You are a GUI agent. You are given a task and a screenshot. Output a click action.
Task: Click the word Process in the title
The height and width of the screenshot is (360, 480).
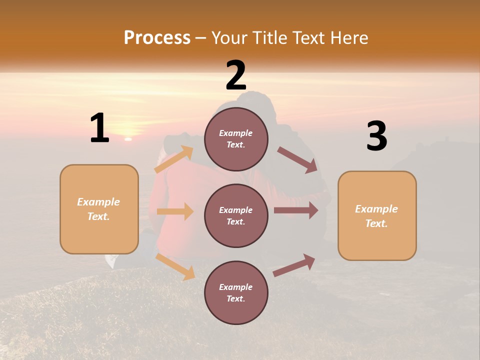(157, 38)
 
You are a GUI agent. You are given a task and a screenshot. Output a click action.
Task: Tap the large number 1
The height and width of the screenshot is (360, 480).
(99, 128)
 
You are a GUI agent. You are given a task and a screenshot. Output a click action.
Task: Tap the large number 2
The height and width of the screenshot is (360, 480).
(235, 75)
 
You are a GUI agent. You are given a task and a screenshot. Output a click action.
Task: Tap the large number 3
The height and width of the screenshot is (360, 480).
(376, 136)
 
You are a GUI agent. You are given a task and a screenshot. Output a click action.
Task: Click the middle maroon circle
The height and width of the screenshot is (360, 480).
(236, 215)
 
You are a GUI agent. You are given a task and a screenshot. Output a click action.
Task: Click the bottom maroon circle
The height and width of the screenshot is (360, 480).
(236, 292)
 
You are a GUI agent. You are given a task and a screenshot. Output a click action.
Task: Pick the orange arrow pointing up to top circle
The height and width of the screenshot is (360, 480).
(174, 159)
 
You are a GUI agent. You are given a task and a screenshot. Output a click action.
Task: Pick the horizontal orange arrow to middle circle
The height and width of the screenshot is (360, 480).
(175, 211)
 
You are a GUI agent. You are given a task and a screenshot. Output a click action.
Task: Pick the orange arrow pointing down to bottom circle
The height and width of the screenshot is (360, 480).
(175, 266)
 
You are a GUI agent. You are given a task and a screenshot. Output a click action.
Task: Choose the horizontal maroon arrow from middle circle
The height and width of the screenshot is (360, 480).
(296, 210)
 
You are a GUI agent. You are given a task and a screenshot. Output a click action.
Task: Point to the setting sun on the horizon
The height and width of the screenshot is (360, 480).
(128, 138)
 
